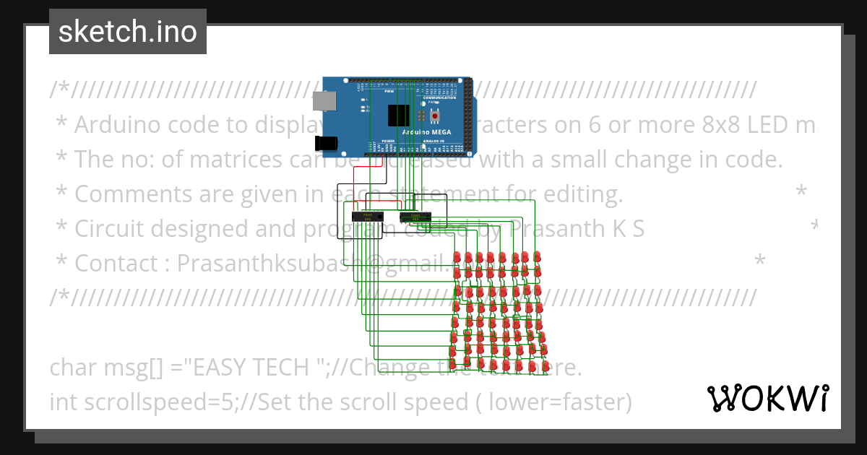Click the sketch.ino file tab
(128, 32)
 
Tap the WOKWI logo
(767, 398)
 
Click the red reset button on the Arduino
(435, 115)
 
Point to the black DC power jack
(329, 142)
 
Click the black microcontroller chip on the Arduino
(398, 116)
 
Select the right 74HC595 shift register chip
(415, 216)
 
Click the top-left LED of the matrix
(457, 258)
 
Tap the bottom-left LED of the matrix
(453, 365)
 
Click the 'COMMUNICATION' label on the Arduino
(439, 97)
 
